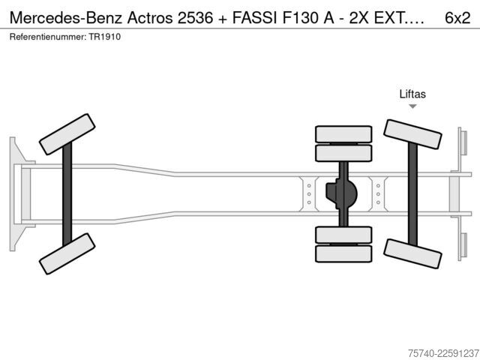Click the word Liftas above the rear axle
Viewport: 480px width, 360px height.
tap(412, 94)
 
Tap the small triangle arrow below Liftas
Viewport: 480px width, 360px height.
tap(412, 106)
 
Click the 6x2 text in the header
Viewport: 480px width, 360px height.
tap(457, 18)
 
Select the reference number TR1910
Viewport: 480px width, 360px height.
tap(105, 37)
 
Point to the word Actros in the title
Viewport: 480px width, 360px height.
tap(150, 18)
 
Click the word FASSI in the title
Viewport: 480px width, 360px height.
tap(255, 18)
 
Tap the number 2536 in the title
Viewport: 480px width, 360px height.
tap(195, 18)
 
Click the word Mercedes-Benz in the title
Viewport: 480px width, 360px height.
tap(67, 18)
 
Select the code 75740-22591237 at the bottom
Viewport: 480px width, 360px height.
tap(443, 353)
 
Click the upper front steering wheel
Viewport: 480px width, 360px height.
tap(67, 134)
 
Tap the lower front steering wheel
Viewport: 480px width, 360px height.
tap(67, 253)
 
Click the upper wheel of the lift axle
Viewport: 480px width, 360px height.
tap(412, 134)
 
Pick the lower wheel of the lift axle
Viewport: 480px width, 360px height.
tap(412, 253)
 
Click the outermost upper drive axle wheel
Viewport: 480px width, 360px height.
tap(343, 134)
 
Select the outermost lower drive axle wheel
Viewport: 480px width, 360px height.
tap(343, 253)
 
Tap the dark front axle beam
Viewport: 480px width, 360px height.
tap(67, 194)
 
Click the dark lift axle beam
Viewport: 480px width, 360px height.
tap(412, 194)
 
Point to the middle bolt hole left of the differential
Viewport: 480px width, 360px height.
tap(309, 194)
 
